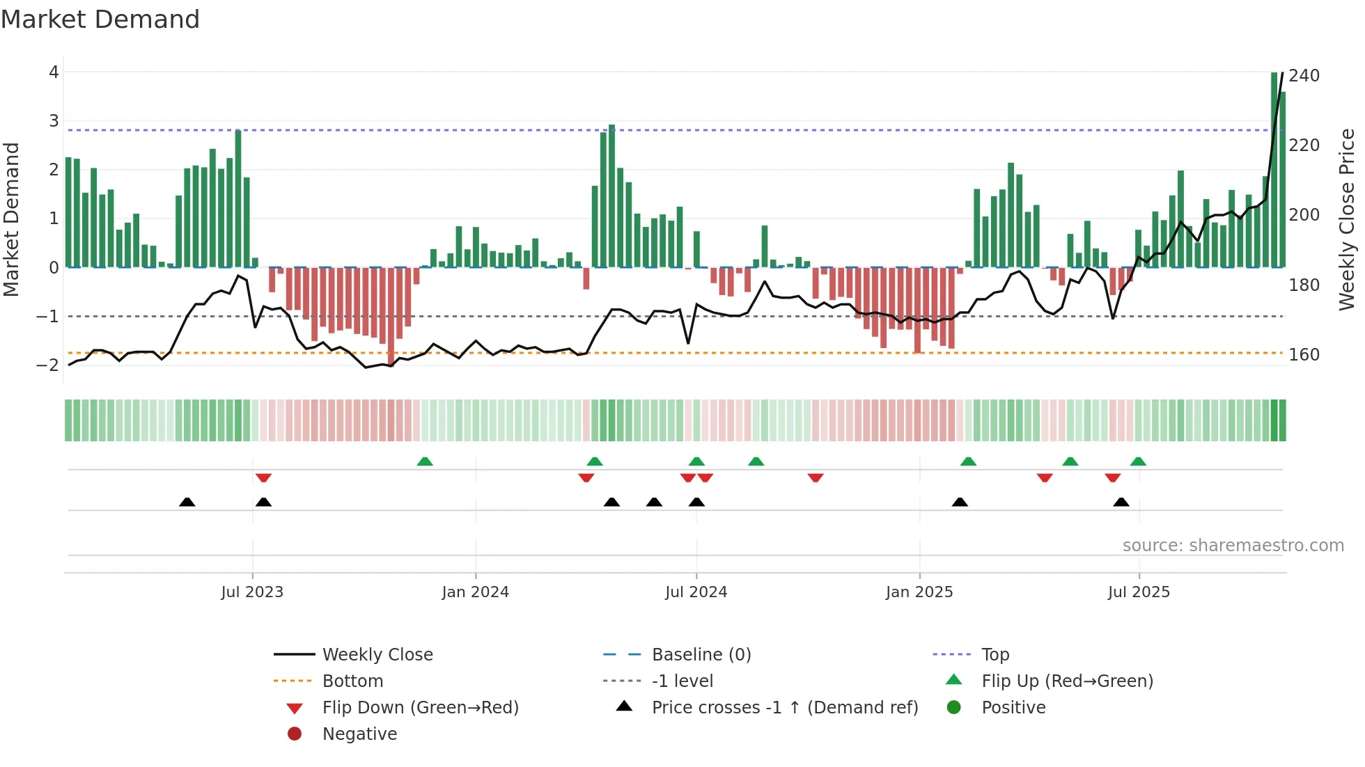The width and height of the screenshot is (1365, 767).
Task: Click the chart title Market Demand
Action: click(x=100, y=19)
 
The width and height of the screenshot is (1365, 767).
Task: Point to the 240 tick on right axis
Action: click(x=1304, y=75)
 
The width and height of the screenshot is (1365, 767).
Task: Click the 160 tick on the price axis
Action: click(x=1304, y=354)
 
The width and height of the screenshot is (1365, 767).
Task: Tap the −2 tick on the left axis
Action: click(x=48, y=365)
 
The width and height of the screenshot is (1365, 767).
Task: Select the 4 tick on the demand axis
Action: click(x=54, y=72)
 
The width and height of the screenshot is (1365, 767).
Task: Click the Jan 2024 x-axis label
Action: click(x=475, y=592)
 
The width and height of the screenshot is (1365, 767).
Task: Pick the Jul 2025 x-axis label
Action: click(x=1139, y=592)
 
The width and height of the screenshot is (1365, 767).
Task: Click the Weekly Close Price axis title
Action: click(x=1347, y=219)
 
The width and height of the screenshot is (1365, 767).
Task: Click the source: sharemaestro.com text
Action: click(x=1233, y=545)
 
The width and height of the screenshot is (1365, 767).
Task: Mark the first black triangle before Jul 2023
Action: click(x=187, y=502)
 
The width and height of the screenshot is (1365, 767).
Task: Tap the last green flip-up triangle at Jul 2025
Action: click(x=1138, y=461)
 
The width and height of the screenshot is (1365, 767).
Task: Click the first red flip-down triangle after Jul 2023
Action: click(x=263, y=477)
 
